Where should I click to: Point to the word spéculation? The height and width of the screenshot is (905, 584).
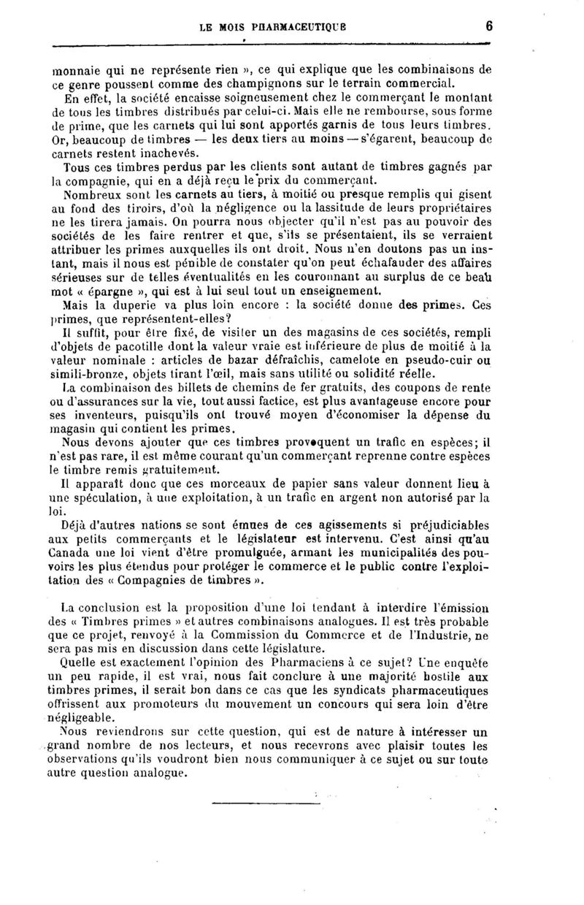pos(99,498)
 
